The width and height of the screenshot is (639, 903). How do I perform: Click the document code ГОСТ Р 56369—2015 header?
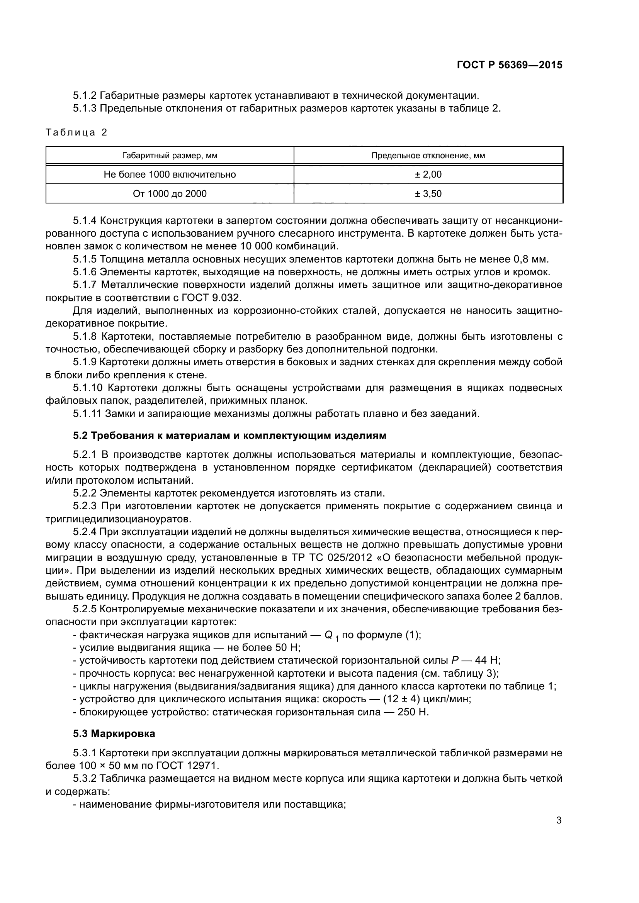pyautogui.click(x=510, y=65)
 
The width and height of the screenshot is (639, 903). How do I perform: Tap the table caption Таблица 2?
pyautogui.click(x=76, y=132)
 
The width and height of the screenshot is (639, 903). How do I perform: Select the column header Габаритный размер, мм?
pyautogui.click(x=170, y=156)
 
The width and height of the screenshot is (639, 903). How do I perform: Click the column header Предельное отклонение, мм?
pyautogui.click(x=428, y=156)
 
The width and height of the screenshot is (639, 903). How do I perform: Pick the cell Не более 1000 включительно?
pyautogui.click(x=170, y=174)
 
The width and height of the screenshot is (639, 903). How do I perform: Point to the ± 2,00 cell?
pyautogui.click(x=428, y=174)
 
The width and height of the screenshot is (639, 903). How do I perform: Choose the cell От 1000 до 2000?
pyautogui.click(x=170, y=193)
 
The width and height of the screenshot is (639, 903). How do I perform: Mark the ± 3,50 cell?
pyautogui.click(x=428, y=193)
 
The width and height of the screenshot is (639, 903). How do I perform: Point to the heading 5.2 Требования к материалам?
pyautogui.click(x=229, y=436)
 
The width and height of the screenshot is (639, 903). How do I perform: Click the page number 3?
pyautogui.click(x=559, y=820)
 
